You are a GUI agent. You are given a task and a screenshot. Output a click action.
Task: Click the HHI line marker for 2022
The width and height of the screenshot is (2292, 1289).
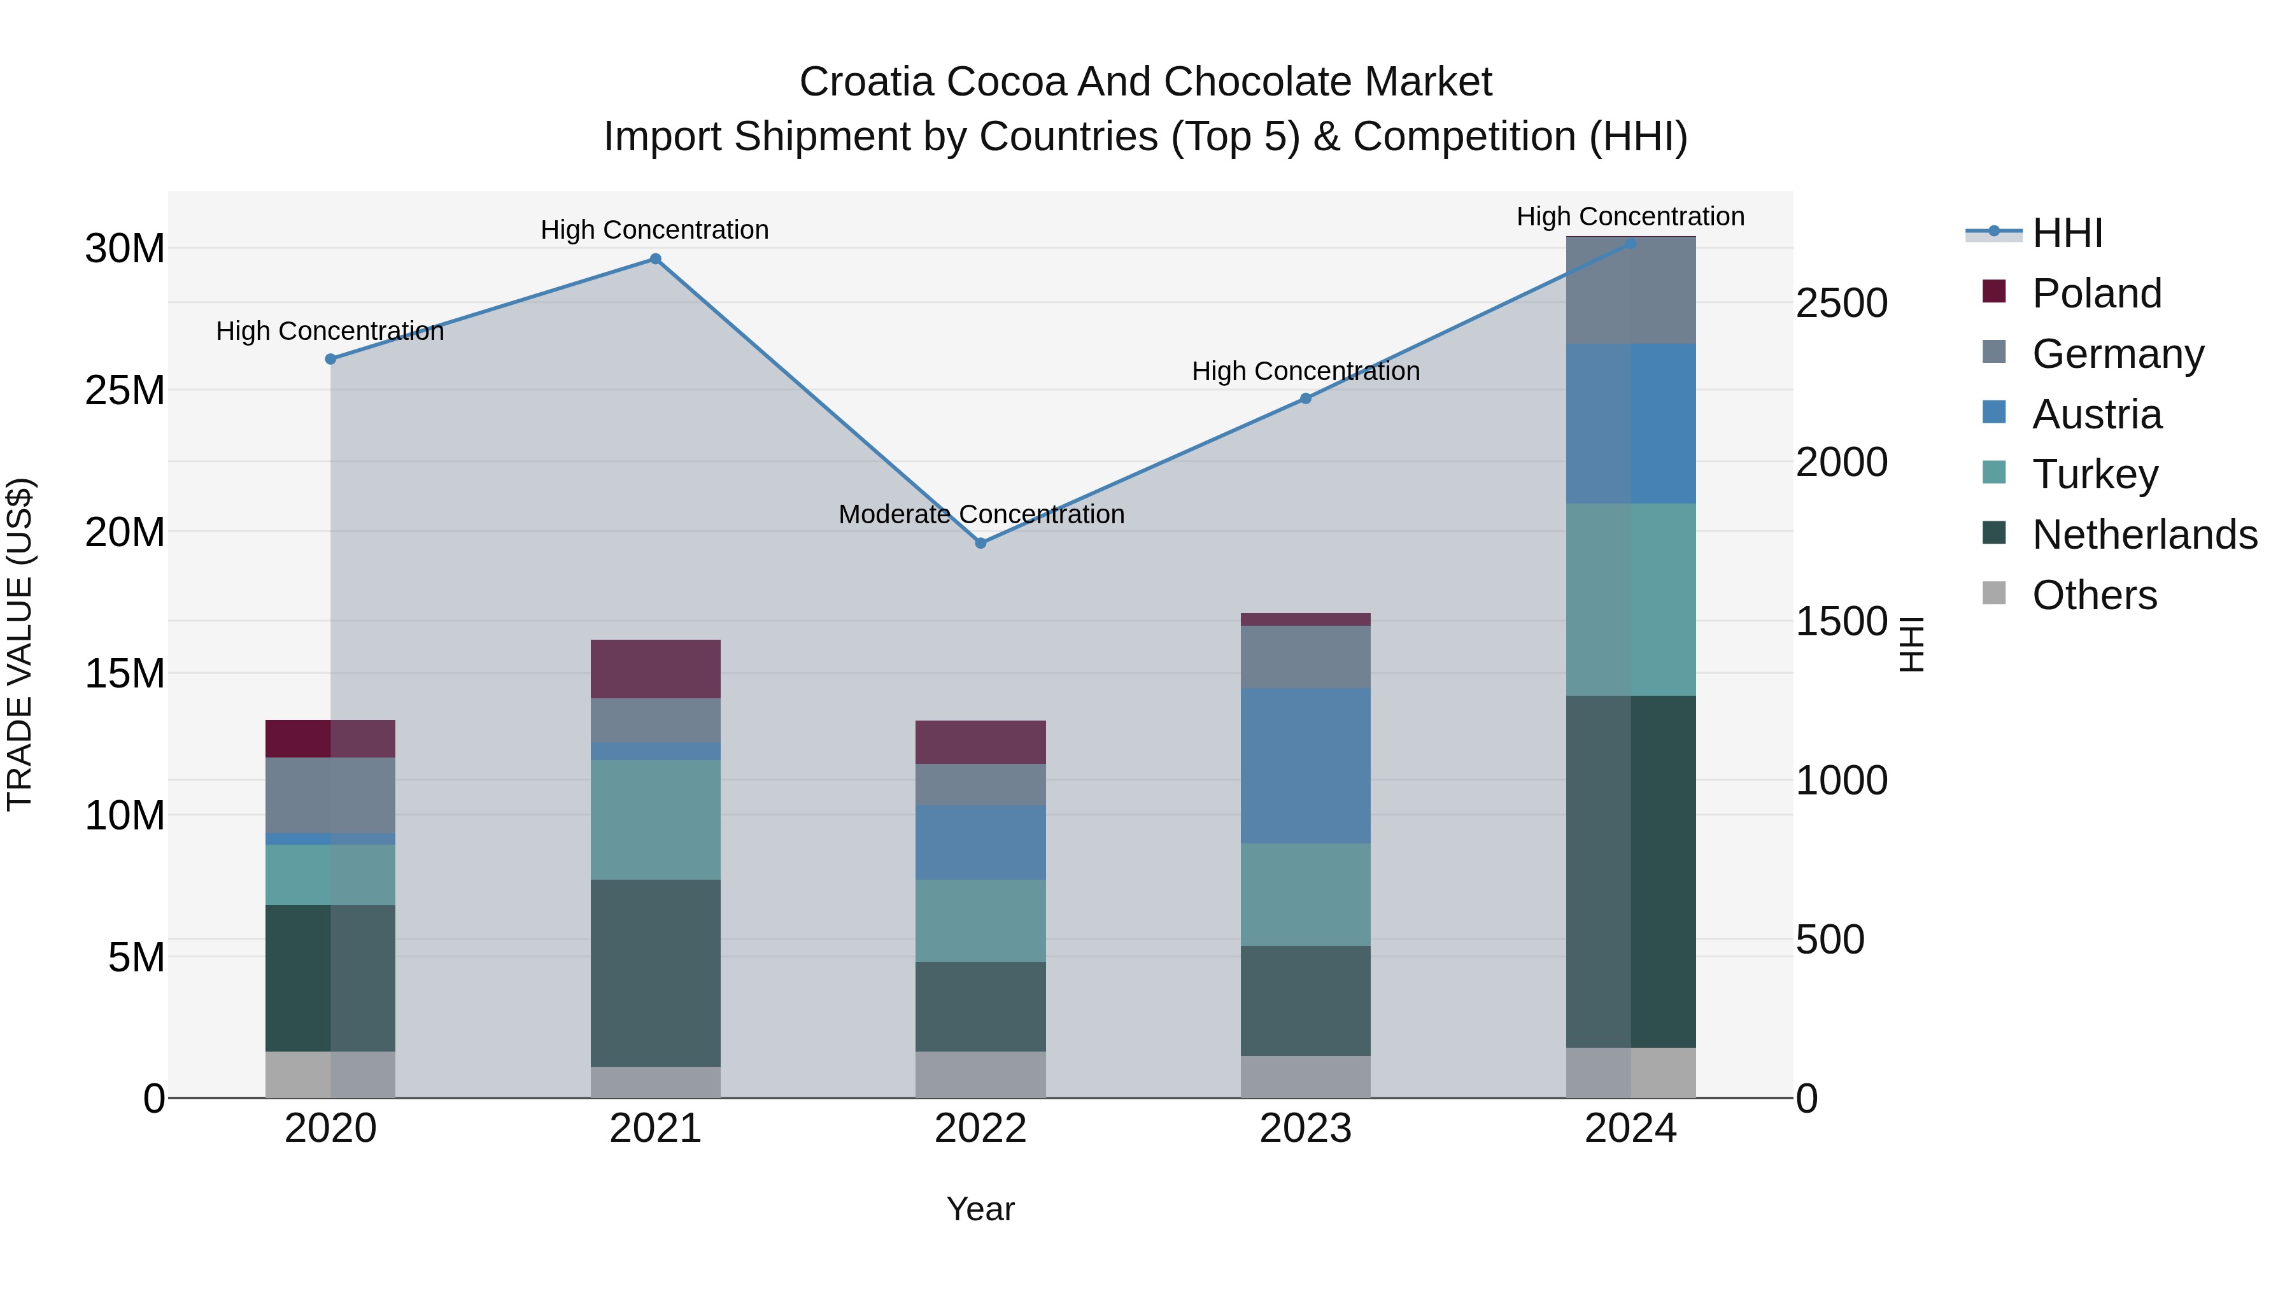tap(980, 542)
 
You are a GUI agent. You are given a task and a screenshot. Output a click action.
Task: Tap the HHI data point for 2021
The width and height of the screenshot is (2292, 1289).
tap(655, 259)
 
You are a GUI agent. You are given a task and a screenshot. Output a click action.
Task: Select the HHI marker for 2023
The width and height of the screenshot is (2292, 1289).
tap(1305, 398)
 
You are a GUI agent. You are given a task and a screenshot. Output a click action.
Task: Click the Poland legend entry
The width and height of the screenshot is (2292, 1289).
tap(2097, 293)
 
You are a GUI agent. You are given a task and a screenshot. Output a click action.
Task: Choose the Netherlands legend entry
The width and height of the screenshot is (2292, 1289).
tap(2144, 535)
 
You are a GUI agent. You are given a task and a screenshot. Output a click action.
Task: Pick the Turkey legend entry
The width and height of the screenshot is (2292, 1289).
tap(2095, 474)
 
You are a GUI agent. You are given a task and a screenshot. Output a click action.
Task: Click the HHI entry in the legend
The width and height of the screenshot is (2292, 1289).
tap(2067, 233)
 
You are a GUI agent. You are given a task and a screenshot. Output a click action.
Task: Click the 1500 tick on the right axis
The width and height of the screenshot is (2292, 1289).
tap(1841, 621)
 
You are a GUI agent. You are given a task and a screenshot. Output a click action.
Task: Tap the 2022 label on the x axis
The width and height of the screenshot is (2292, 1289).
tap(980, 1128)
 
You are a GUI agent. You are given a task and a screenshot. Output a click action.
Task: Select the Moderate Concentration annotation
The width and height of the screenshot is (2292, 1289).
tap(981, 514)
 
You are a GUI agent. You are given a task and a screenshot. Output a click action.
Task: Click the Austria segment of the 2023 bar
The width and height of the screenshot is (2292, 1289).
tap(1305, 765)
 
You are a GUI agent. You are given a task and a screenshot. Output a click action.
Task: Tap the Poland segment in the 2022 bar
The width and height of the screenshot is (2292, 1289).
tap(980, 742)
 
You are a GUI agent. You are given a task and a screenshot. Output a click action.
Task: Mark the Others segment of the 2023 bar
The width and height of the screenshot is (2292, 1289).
tap(1305, 1076)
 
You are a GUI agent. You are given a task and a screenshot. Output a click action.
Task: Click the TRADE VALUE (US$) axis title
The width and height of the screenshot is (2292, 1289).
tap(20, 644)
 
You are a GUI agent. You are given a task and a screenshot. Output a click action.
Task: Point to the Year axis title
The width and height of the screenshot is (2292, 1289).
tap(980, 1209)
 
